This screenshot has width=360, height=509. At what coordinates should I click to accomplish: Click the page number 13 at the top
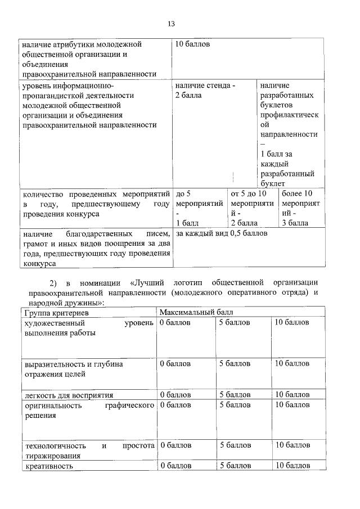(x=172, y=24)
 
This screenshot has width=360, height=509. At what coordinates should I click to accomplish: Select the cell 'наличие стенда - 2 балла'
(x=205, y=91)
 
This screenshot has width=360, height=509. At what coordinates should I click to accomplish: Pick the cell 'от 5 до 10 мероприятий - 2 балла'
(x=252, y=208)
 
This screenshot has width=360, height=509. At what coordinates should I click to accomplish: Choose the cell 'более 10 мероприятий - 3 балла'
(x=300, y=208)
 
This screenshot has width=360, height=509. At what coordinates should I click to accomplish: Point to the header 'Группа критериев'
(x=55, y=312)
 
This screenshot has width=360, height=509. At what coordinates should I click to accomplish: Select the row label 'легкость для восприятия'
(x=68, y=395)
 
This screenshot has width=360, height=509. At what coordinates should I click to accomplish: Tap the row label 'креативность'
(x=48, y=466)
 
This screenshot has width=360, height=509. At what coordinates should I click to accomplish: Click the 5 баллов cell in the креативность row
(x=235, y=466)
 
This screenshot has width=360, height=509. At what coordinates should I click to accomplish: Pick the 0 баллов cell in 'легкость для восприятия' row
(x=175, y=395)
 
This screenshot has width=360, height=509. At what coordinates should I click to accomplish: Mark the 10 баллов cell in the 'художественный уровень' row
(x=291, y=322)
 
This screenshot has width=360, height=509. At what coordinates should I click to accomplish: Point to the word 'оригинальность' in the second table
(x=52, y=406)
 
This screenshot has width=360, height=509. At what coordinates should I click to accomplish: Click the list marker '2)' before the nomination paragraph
(x=54, y=282)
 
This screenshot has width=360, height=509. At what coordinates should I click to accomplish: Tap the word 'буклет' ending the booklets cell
(x=273, y=183)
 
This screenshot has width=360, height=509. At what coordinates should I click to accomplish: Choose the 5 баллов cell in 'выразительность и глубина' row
(x=235, y=364)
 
